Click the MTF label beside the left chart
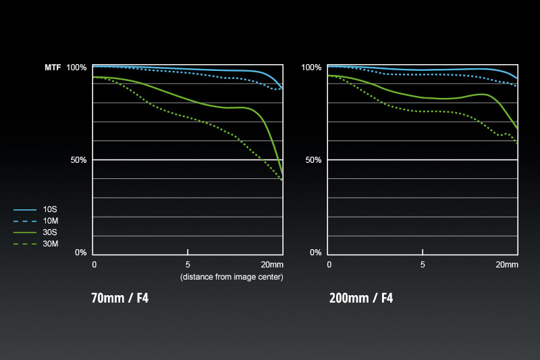click(53, 68)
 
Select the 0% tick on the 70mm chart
click(81, 253)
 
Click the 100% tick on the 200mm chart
click(311, 68)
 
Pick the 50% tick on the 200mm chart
click(313, 160)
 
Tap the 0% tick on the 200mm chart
click(315, 253)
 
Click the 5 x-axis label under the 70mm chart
click(188, 265)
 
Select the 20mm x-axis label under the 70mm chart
click(271, 265)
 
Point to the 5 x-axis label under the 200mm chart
click(423, 265)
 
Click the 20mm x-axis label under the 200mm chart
click(506, 265)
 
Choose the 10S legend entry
click(51, 210)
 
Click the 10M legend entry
click(51, 221)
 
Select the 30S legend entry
click(51, 232)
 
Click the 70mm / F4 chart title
click(119, 298)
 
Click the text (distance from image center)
click(231, 277)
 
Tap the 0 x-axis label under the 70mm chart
click(94, 265)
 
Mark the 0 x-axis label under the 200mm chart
click(329, 265)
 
